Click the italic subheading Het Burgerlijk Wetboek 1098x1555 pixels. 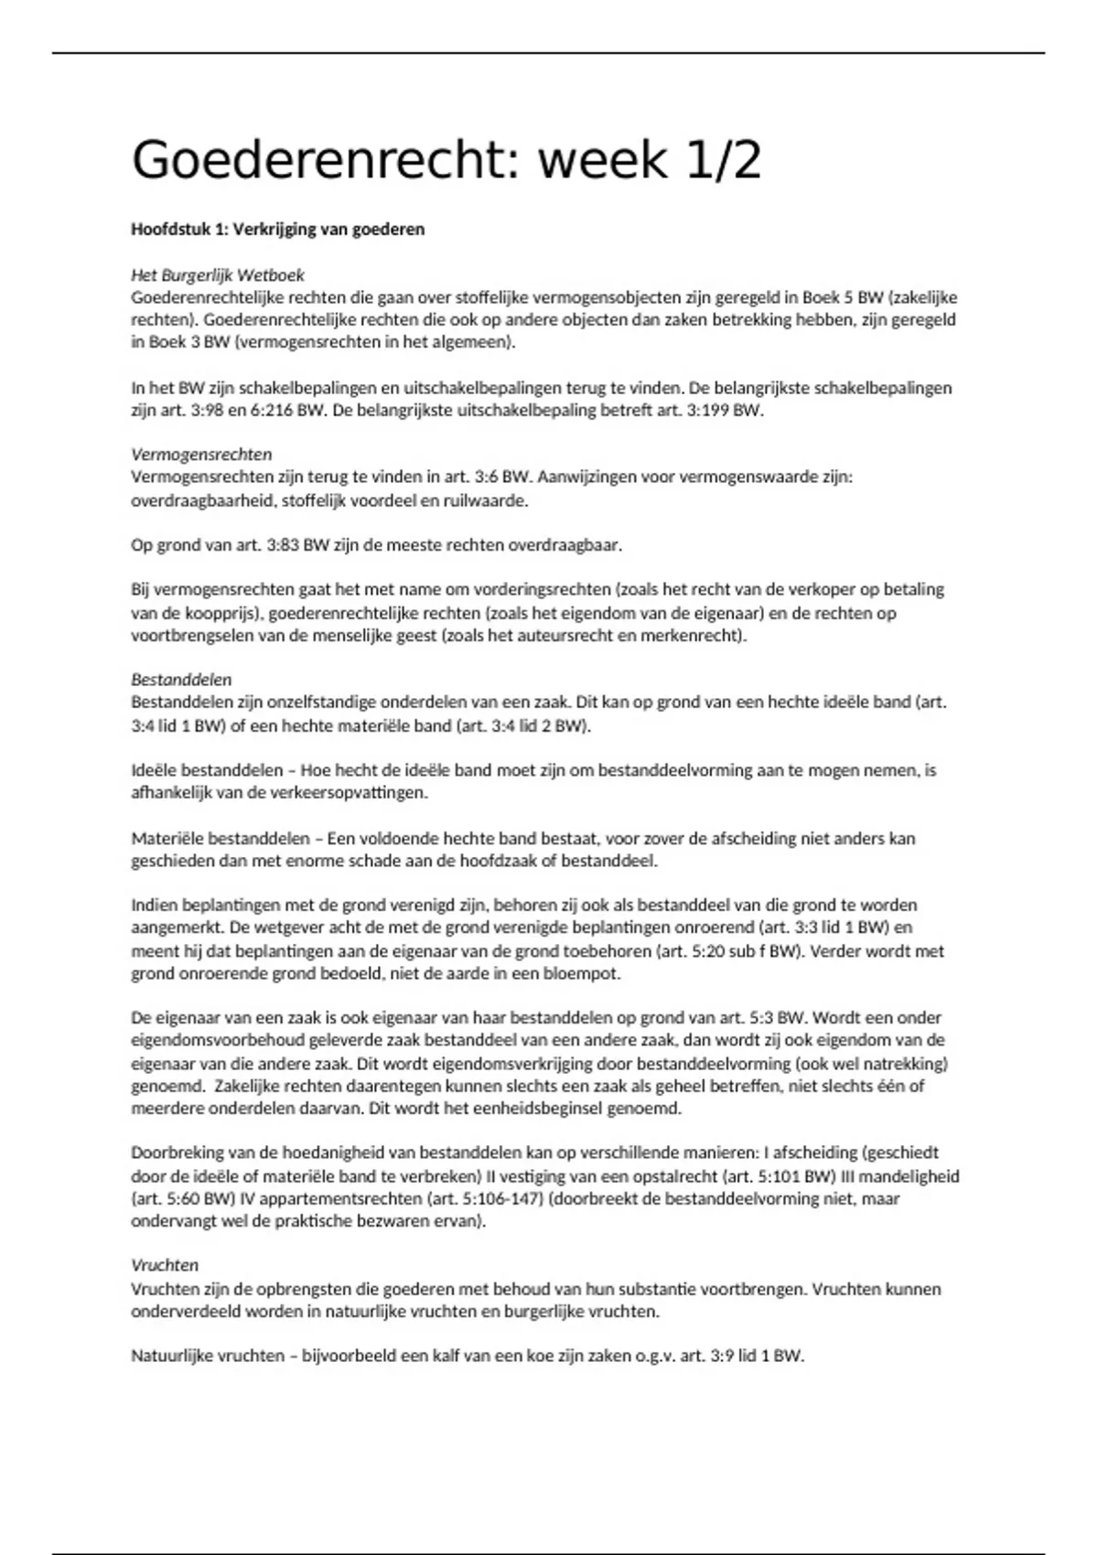point(218,274)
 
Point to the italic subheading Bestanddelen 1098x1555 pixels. point(181,680)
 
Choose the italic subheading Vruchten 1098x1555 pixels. point(165,1265)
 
